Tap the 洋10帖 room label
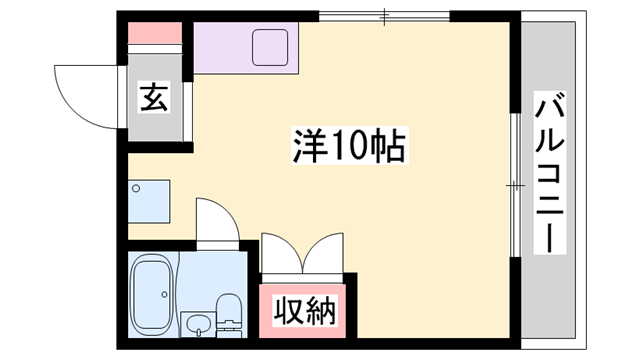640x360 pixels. pyautogui.click(x=348, y=147)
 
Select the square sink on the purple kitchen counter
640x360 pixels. pyautogui.click(x=270, y=46)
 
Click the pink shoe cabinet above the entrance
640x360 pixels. pyautogui.click(x=155, y=31)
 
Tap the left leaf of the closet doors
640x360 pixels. pyautogui.click(x=279, y=255)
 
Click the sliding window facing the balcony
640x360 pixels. pyautogui.click(x=514, y=185)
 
